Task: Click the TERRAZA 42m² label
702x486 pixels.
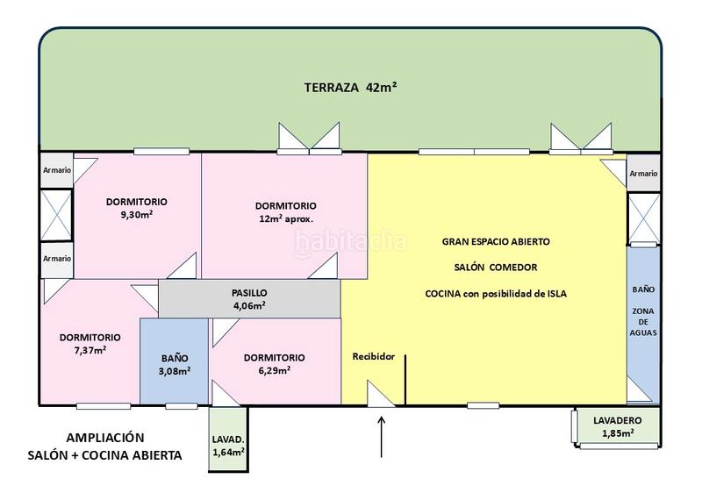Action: [x=350, y=87]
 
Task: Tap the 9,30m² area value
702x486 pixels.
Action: [x=137, y=215]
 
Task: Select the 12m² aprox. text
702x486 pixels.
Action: [x=286, y=218]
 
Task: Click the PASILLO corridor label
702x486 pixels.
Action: [x=249, y=293]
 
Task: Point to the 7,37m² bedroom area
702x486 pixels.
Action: [x=90, y=350]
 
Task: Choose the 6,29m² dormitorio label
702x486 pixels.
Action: [x=275, y=370]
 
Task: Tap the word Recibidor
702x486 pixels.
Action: [x=374, y=357]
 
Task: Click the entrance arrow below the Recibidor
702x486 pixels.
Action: [x=382, y=437]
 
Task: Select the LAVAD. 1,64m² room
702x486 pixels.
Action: [x=228, y=439]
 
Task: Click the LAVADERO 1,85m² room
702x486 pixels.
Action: [x=618, y=426]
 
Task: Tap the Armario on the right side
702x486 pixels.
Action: [x=643, y=173]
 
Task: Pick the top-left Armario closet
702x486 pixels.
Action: [x=57, y=170]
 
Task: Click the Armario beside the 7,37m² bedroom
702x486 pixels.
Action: [x=57, y=259]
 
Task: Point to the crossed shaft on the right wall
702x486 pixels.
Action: [x=644, y=218]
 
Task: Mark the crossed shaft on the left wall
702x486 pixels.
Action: [x=56, y=215]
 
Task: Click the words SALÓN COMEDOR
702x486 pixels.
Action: [x=496, y=268]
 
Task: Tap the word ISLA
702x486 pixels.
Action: [x=557, y=294]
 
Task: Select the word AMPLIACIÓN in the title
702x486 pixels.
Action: [x=105, y=437]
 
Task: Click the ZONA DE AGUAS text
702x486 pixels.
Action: [x=643, y=322]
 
